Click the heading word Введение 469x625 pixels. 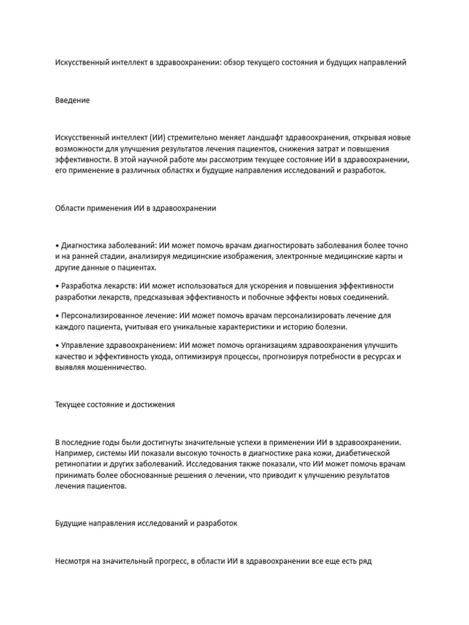[72, 100]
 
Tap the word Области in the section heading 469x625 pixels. [71, 208]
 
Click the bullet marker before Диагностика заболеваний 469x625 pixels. [57, 245]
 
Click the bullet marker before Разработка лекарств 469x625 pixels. [57, 286]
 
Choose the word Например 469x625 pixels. [74, 453]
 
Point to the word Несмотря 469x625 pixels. [73, 560]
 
